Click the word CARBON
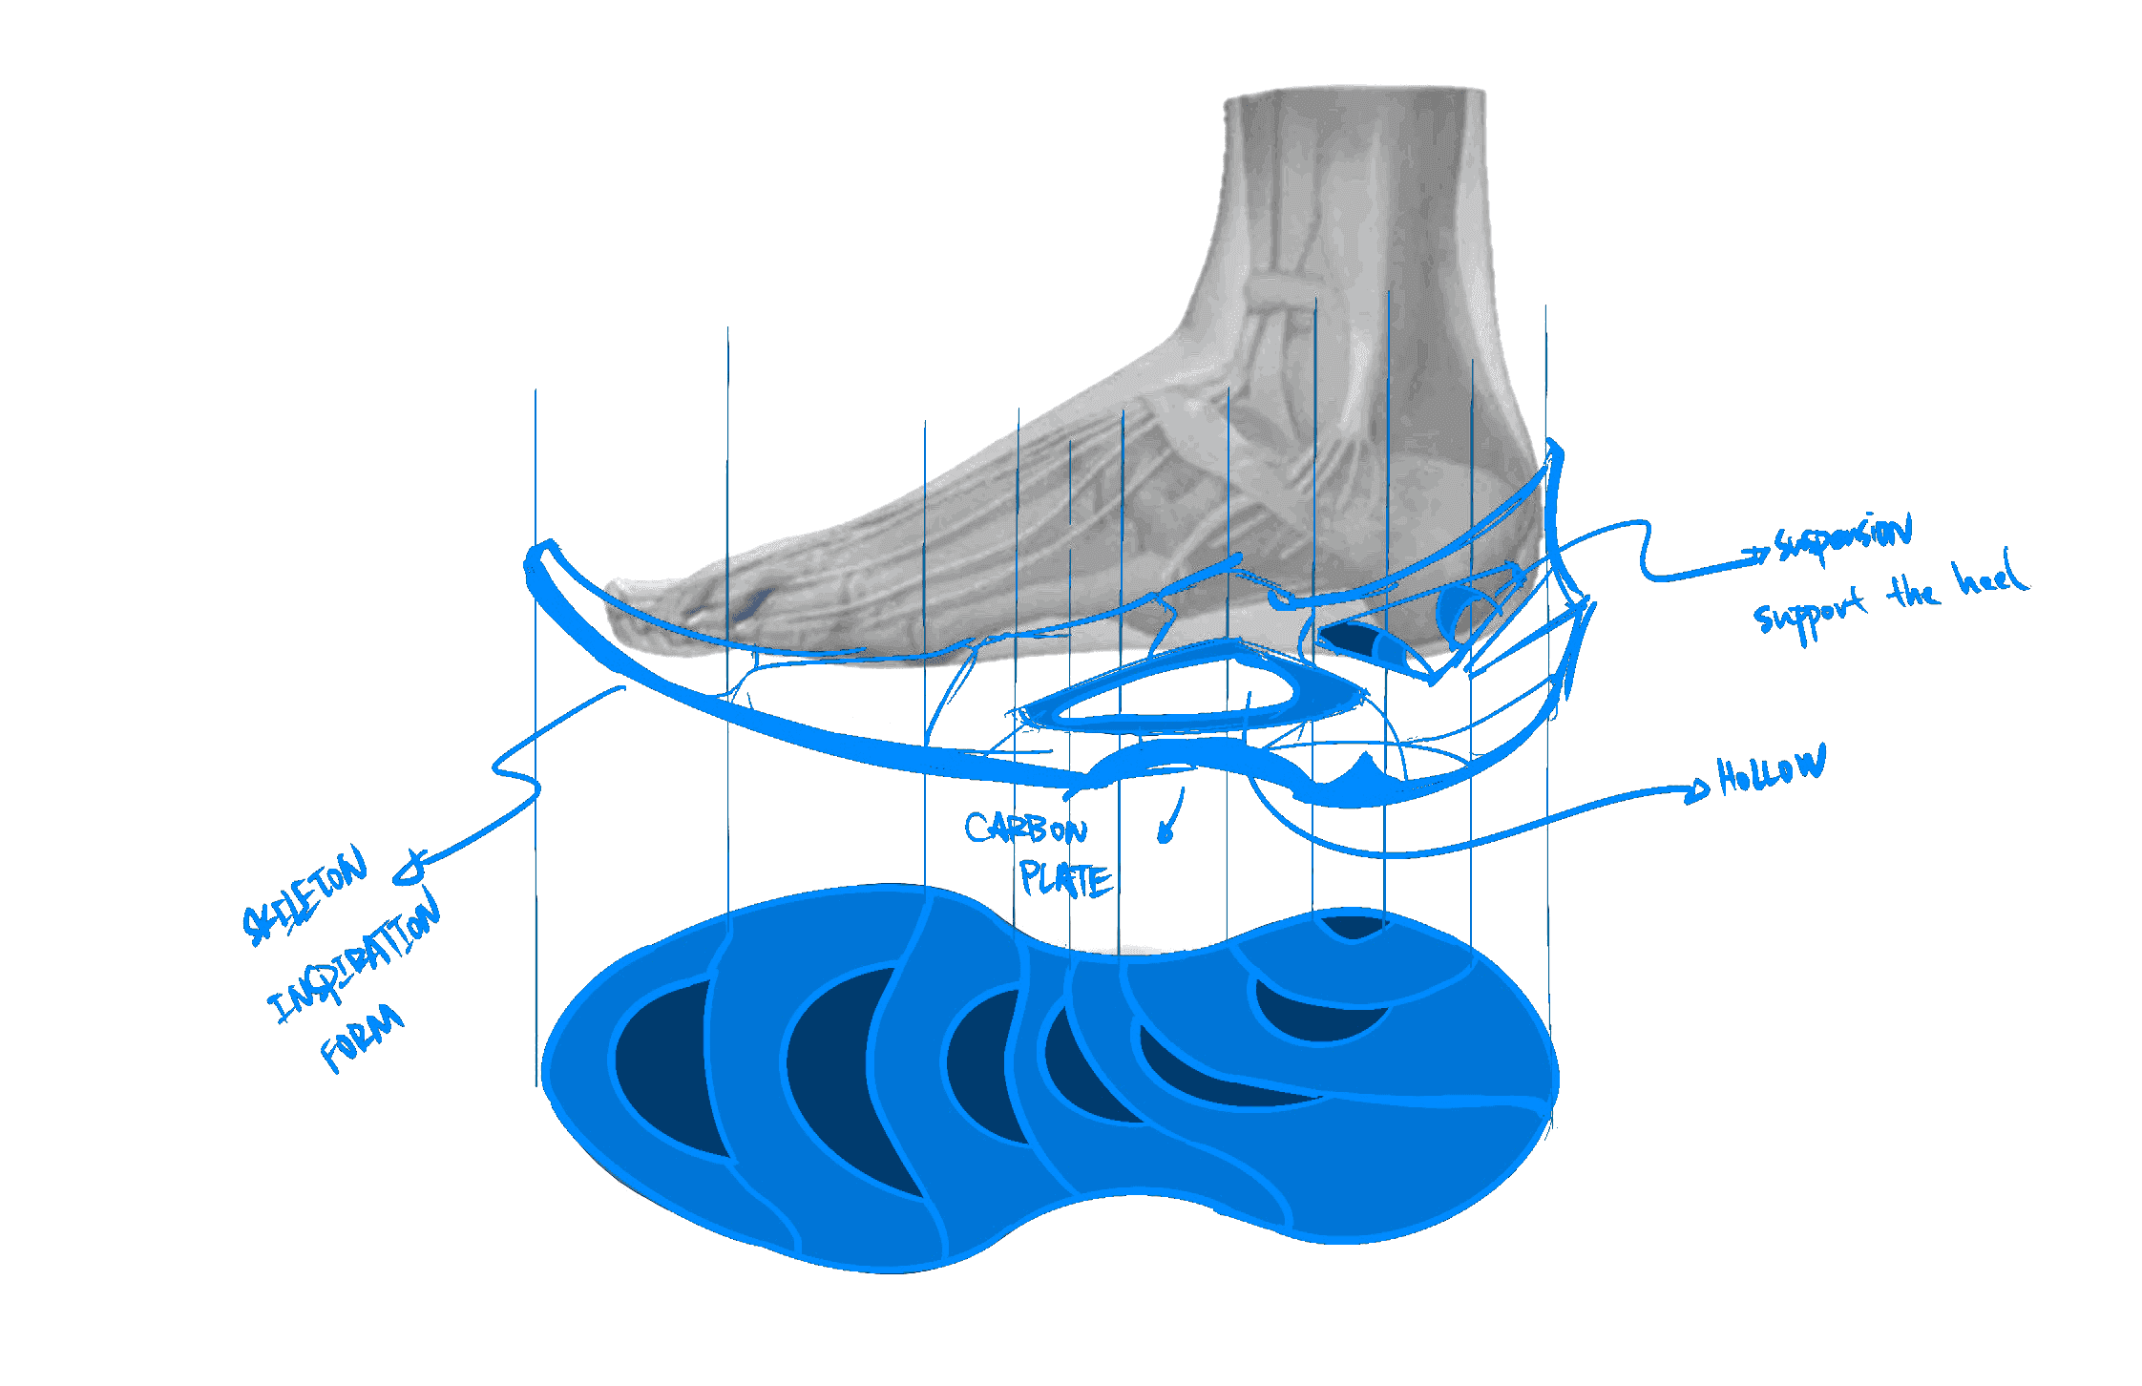tap(1025, 829)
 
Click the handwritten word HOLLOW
tap(1771, 768)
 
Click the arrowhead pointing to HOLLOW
tap(1698, 788)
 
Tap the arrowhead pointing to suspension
tap(1762, 553)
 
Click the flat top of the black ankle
tap(1355, 92)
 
